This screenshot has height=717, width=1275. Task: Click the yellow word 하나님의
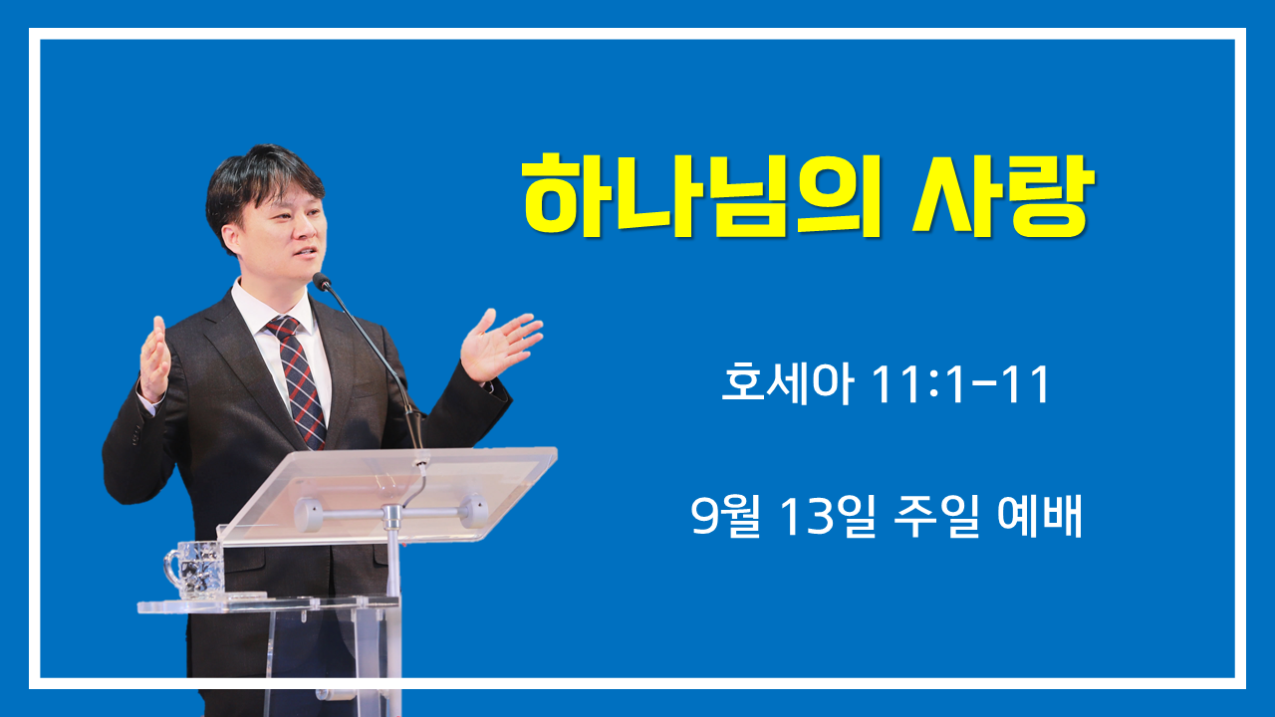point(702,196)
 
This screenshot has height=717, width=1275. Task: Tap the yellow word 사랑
point(1003,196)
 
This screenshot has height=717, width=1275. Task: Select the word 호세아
point(788,383)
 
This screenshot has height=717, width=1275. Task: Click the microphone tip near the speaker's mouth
point(321,281)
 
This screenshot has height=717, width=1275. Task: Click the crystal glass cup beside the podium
point(194,570)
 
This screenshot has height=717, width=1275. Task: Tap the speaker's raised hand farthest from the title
point(154,358)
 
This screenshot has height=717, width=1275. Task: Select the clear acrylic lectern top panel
point(387,494)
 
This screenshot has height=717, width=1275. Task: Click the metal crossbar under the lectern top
point(390,513)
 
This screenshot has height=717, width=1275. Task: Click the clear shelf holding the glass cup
point(268,604)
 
